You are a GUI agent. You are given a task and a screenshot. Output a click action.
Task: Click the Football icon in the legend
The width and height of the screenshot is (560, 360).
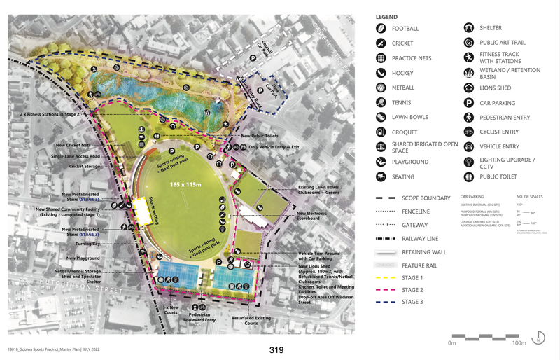point(381,29)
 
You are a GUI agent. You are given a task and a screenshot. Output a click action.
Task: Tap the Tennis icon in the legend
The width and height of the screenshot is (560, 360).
point(381,102)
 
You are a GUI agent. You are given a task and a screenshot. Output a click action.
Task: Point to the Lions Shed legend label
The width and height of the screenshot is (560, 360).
point(495,88)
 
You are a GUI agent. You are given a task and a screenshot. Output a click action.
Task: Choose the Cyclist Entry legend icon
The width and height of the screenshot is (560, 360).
point(468,132)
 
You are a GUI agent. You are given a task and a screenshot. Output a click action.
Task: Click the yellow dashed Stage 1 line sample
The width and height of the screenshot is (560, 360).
point(381,278)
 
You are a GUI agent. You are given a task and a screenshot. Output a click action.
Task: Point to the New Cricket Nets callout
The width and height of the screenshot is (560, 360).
point(73,145)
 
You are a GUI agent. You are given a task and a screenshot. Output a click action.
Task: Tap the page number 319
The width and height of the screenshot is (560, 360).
point(277,349)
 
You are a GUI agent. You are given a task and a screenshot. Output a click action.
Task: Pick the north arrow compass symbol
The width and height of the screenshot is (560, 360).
point(539,337)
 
